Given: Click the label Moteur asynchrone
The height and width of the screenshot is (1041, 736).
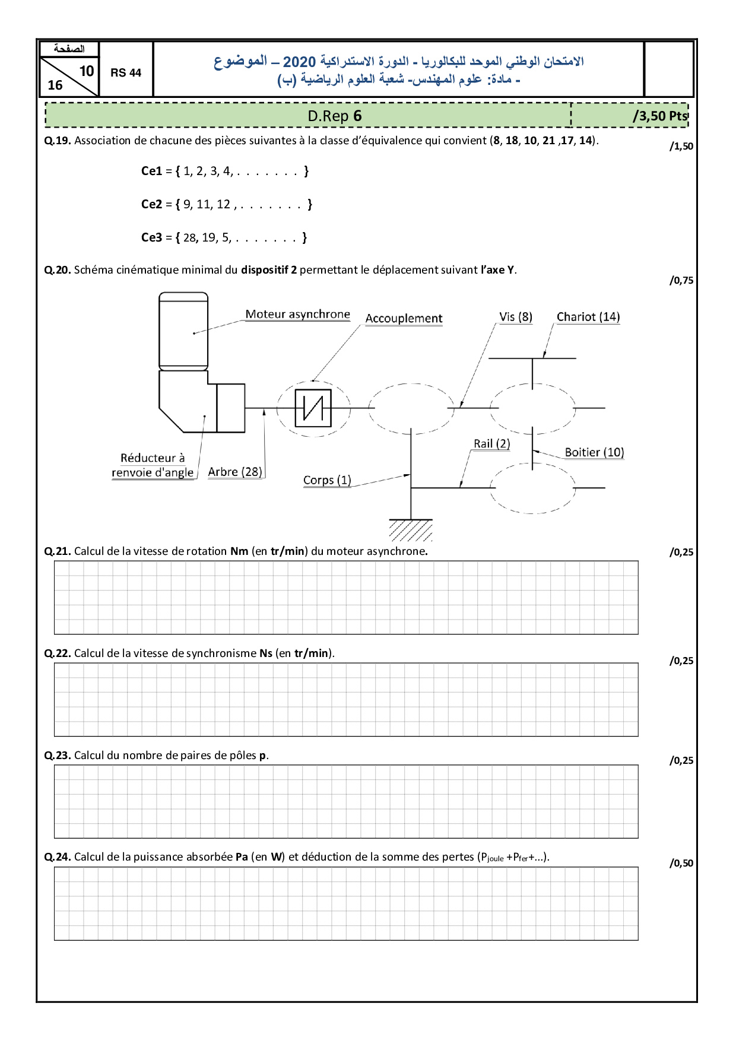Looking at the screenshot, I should click(297, 314).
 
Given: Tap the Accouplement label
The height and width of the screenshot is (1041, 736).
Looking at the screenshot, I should click(404, 318).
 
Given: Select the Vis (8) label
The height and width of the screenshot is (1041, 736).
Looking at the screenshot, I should click(515, 317).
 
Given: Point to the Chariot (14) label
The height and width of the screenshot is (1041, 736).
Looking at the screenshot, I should click(588, 317).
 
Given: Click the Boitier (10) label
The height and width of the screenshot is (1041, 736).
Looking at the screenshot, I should click(594, 452).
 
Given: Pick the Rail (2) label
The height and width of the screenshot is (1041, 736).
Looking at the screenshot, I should click(491, 443).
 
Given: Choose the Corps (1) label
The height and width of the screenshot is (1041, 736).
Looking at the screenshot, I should click(327, 480).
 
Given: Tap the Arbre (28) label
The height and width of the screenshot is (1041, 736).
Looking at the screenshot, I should click(235, 472).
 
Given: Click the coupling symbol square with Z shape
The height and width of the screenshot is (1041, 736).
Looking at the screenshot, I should click(313, 408).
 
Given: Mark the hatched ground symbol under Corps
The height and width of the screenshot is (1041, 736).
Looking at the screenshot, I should click(411, 530).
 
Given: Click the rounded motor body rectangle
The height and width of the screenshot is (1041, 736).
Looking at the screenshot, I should click(183, 331).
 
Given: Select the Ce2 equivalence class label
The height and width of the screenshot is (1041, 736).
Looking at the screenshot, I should click(151, 204).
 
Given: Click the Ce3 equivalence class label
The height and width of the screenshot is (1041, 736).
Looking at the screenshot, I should click(151, 237).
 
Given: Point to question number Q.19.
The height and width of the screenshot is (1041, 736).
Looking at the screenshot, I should click(58, 141).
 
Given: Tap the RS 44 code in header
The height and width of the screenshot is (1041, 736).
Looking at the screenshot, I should click(126, 72).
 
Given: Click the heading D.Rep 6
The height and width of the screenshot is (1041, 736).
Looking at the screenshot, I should click(334, 116).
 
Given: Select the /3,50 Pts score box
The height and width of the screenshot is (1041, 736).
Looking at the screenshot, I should click(659, 116).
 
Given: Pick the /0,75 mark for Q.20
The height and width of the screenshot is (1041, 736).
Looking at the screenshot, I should click(681, 281).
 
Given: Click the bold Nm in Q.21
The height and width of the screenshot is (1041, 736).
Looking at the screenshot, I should click(239, 551).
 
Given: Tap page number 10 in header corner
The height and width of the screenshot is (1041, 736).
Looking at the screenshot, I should click(87, 71).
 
